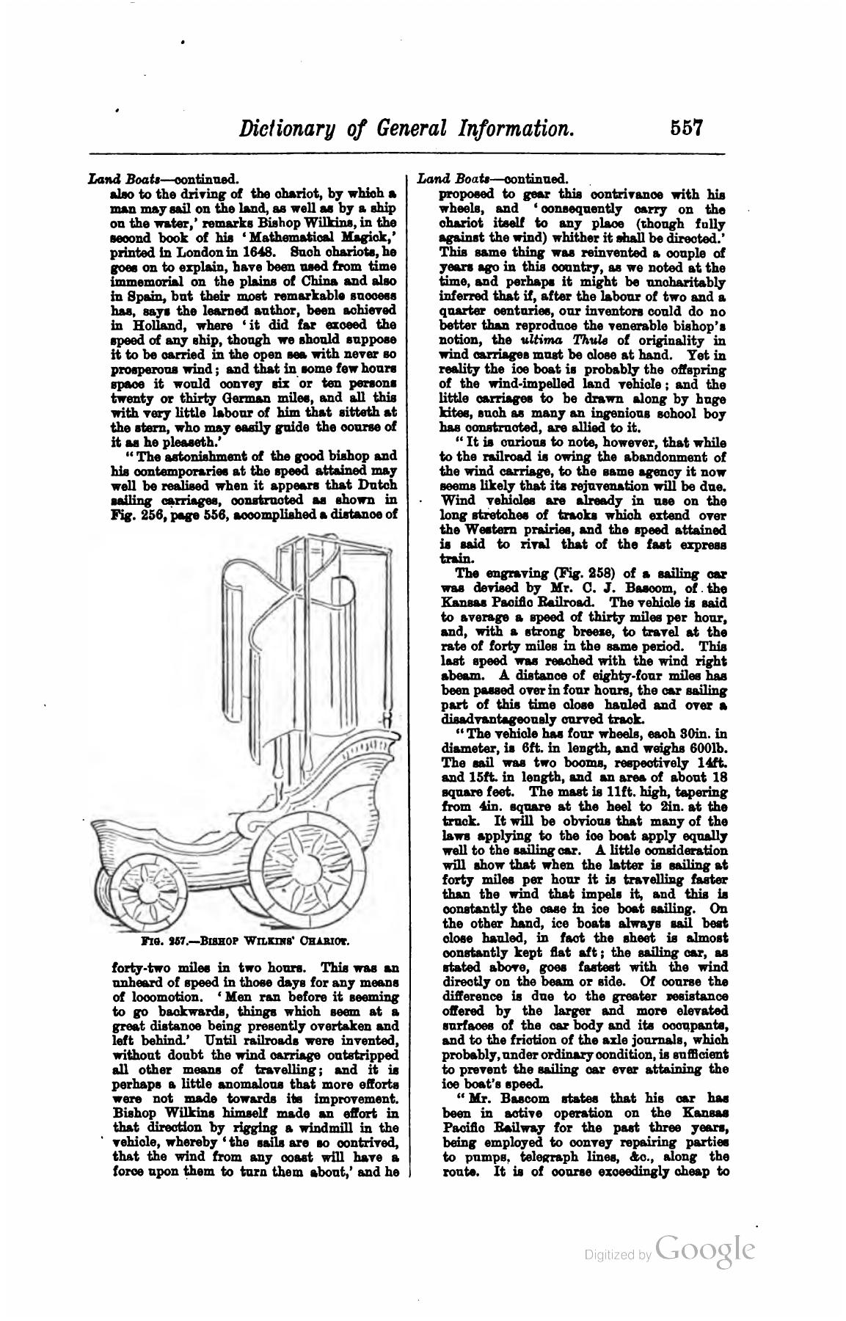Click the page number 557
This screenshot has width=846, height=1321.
pos(687,128)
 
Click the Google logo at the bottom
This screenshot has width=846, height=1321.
pos(706,1250)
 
